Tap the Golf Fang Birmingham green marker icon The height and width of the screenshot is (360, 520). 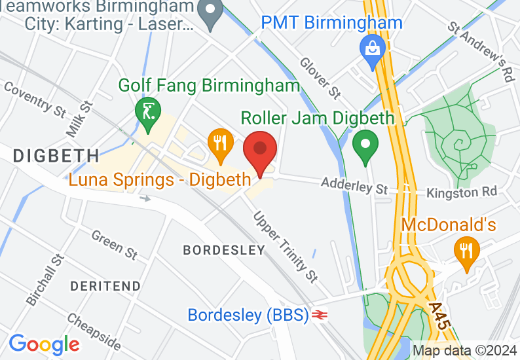click(147, 111)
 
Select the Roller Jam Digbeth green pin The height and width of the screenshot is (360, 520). click(365, 146)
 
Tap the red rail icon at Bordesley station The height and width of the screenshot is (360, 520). click(320, 315)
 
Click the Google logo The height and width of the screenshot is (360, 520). click(44, 344)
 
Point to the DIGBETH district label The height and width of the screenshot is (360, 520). click(56, 156)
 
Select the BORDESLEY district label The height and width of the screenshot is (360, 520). click(224, 250)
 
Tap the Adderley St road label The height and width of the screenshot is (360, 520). click(354, 187)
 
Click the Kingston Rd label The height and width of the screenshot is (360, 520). click(461, 192)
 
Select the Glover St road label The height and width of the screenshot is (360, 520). click(320, 78)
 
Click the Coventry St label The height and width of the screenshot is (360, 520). click(35, 99)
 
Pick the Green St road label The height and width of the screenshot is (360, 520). click(115, 243)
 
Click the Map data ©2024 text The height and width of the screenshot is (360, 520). click(464, 350)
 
